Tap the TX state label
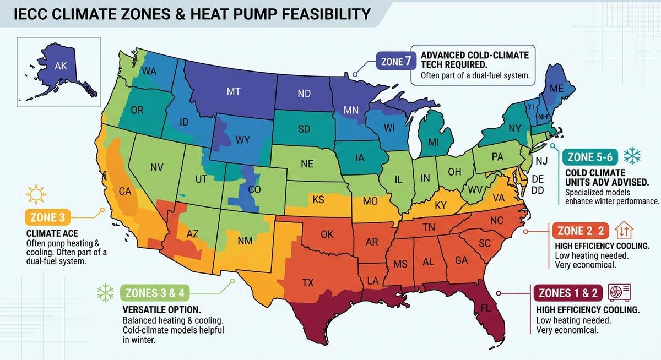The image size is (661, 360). [308, 283]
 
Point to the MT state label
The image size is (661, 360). [233, 92]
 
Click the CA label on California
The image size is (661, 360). [125, 192]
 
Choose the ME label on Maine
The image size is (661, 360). [556, 88]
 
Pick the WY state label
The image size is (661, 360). [242, 140]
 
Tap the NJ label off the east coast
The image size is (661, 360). [542, 161]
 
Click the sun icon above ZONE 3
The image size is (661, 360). [34, 194]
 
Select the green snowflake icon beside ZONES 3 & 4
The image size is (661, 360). [105, 293]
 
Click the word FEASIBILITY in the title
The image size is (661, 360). [316, 13]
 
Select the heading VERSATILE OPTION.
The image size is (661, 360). [161, 309]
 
